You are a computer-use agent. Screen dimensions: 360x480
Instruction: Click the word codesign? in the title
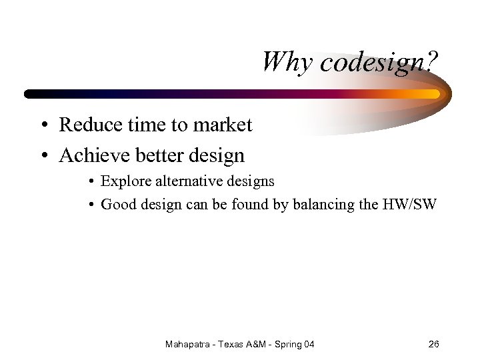[377, 62]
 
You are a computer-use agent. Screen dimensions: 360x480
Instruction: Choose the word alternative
[185, 181]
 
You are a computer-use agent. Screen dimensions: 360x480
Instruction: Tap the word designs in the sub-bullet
[250, 181]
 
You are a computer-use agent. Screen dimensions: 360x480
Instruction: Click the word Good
[118, 205]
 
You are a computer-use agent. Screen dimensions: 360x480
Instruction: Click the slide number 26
[433, 345]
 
